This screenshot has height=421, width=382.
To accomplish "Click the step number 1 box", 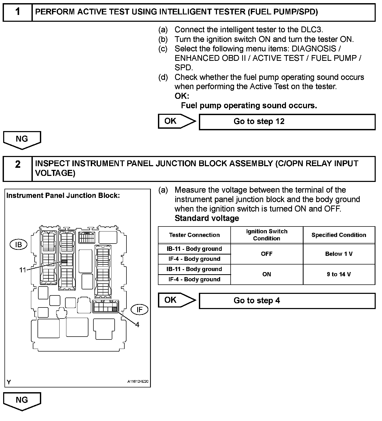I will pos(18,12).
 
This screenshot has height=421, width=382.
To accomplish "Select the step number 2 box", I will pos(18,169).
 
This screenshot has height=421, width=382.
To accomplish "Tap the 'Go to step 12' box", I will pos(287,122).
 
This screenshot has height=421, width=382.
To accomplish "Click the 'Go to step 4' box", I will pos(287,301).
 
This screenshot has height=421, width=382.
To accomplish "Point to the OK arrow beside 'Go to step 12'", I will pos(176,121).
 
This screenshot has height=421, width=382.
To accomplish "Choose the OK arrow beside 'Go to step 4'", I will pos(176,300).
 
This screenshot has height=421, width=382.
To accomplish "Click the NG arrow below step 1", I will pos(22,140).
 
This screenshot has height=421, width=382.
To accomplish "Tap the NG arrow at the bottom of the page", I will pos(22,401).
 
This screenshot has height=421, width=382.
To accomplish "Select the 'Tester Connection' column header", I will pos(194,235).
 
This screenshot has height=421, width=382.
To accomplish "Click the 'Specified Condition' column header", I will pos(339,235).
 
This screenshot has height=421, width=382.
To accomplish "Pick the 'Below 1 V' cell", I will pos(339,254).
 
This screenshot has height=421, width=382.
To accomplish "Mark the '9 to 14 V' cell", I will pos(339,274).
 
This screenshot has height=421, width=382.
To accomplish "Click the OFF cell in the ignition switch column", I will pos(267,254).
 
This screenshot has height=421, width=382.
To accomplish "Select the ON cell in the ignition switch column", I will pos(267,274).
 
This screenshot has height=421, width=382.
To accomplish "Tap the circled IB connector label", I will pos(19,245).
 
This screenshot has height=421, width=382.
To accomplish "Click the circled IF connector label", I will pos(139,310).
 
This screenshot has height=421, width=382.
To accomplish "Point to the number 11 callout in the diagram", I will pos(23,270).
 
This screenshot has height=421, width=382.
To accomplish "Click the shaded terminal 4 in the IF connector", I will pos(115,309).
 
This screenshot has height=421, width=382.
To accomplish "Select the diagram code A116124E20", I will pos(138,382).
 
